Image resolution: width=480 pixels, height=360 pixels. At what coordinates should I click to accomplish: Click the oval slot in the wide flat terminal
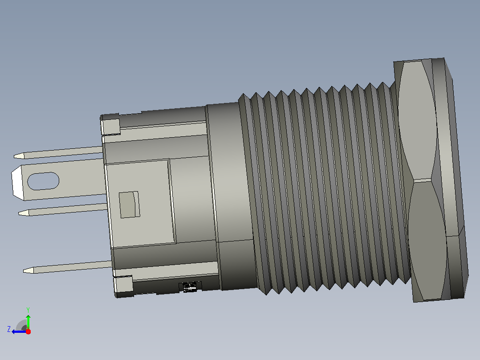[x=43, y=181]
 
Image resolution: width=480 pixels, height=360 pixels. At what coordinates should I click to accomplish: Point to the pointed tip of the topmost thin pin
[x=14, y=156]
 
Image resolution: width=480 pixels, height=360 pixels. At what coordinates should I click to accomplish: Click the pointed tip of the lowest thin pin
[x=24, y=270]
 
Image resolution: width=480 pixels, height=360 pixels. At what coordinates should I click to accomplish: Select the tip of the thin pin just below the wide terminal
[x=19, y=213]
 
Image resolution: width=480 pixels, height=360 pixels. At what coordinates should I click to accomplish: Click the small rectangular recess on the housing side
[x=129, y=205]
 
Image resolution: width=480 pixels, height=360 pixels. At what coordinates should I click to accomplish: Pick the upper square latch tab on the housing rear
[x=110, y=127]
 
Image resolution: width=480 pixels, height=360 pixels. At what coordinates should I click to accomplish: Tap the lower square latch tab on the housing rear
[x=123, y=284]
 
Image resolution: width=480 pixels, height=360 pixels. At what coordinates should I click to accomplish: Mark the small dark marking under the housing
[x=190, y=287]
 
